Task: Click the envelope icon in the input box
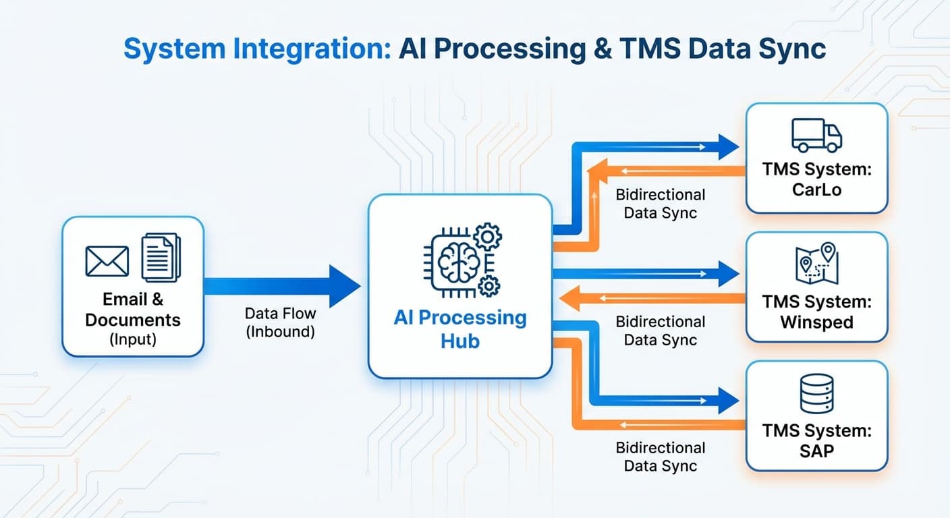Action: (x=107, y=261)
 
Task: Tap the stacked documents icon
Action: (x=161, y=257)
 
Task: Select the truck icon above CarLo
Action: (x=816, y=135)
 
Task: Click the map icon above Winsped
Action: (x=817, y=263)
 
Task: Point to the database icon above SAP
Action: (x=817, y=393)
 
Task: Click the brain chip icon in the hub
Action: (x=463, y=260)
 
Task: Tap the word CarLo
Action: (x=817, y=190)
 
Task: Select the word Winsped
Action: (x=817, y=322)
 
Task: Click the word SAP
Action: (x=817, y=451)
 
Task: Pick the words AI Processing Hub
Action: (x=460, y=329)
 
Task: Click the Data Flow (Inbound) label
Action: (x=280, y=322)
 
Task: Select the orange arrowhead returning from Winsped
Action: (x=569, y=298)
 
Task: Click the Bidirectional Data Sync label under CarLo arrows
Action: (x=661, y=204)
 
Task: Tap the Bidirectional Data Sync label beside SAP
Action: (x=661, y=457)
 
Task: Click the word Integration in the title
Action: (x=312, y=49)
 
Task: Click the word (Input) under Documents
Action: (x=133, y=339)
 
